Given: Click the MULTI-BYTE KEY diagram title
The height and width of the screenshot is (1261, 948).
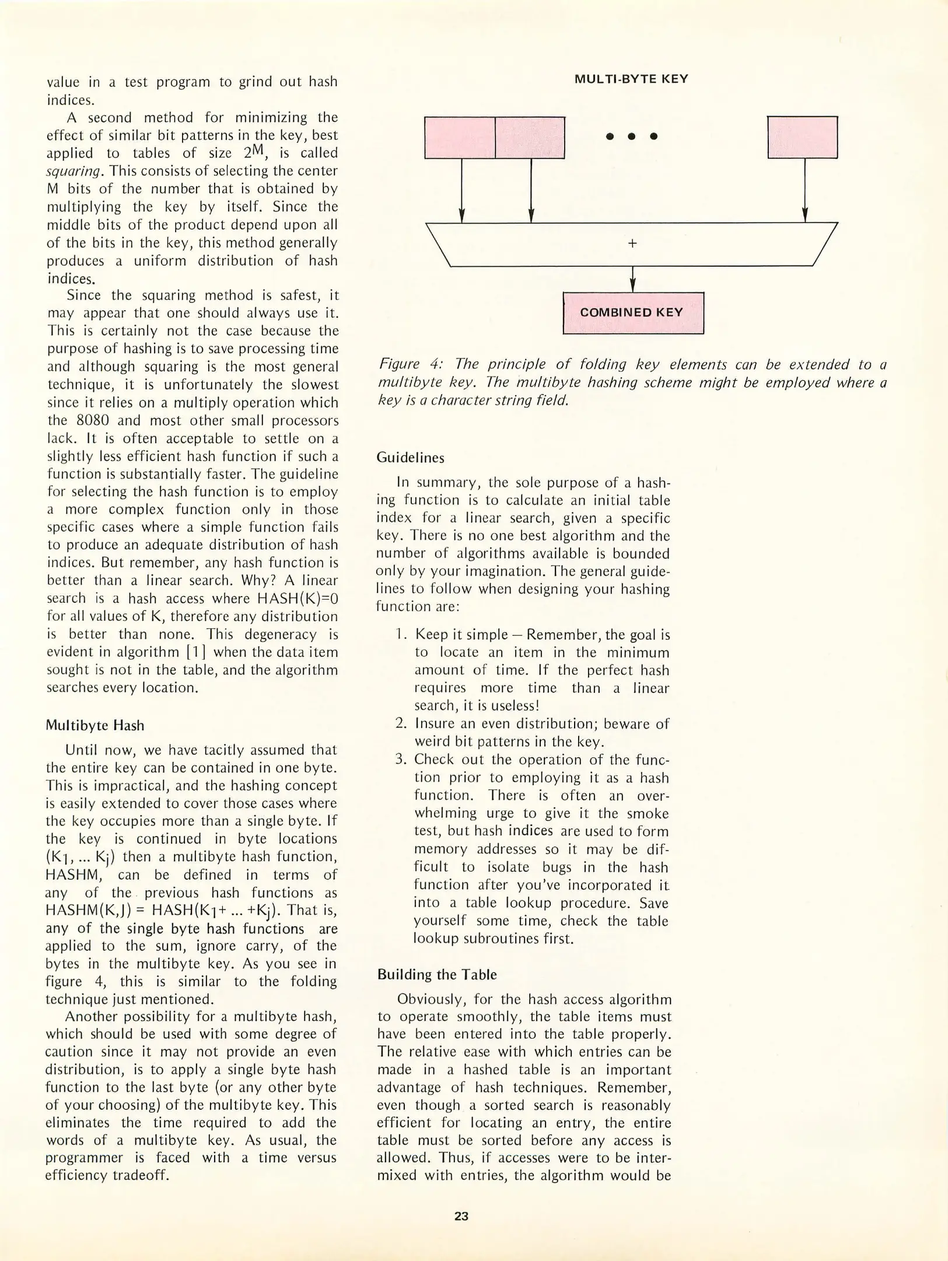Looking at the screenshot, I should click(x=631, y=79).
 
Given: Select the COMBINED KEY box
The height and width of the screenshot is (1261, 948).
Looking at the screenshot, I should click(x=633, y=312).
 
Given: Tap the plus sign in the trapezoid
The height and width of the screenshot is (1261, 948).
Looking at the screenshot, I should click(x=632, y=243).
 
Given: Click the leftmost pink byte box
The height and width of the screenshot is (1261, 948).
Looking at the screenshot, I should click(x=459, y=137).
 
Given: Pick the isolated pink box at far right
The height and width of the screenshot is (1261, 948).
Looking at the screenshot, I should click(x=802, y=137).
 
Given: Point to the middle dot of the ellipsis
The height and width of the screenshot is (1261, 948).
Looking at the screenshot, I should click(x=631, y=137).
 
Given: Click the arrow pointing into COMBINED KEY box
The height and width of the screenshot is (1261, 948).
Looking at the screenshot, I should click(x=633, y=280).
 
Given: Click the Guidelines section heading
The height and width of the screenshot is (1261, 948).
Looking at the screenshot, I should click(x=410, y=458).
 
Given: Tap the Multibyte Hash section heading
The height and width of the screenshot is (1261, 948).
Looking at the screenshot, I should click(x=95, y=725).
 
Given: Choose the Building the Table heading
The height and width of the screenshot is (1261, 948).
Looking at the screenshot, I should click(x=437, y=974).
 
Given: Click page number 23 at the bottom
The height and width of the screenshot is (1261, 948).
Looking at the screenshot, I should click(x=461, y=1216).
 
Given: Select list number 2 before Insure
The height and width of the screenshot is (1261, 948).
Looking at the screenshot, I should click(x=401, y=723).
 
